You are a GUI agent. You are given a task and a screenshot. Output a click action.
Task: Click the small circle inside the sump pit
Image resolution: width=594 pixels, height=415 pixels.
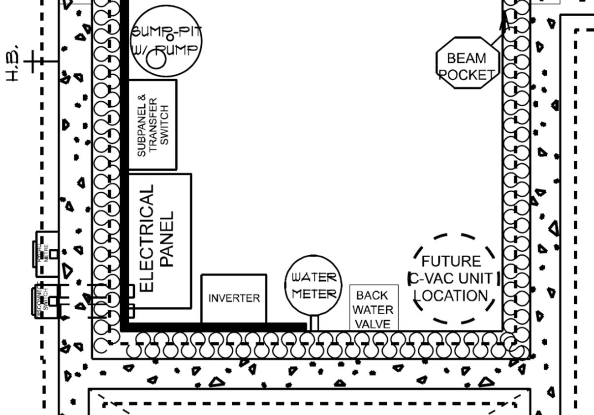[x=157, y=60]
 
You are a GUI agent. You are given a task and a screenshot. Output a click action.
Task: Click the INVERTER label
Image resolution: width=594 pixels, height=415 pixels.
[x=234, y=298]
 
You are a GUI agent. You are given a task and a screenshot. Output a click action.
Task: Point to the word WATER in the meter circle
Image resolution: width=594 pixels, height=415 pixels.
[x=314, y=277]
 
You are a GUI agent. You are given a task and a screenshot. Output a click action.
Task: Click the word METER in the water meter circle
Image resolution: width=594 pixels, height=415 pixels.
[x=314, y=294]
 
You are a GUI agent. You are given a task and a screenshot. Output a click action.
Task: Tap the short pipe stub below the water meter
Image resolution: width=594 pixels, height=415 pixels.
[x=314, y=323]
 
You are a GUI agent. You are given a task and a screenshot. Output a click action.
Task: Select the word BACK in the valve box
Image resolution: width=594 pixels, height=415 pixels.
[x=373, y=296]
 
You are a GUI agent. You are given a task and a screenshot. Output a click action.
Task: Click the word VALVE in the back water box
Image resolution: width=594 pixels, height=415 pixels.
[x=373, y=324]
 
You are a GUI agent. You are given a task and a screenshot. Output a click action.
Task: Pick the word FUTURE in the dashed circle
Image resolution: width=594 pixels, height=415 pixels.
[x=451, y=261]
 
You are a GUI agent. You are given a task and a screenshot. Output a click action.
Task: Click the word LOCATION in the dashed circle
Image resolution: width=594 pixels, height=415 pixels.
[x=451, y=296]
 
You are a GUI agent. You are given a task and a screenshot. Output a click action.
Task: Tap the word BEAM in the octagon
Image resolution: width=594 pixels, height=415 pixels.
[x=466, y=59]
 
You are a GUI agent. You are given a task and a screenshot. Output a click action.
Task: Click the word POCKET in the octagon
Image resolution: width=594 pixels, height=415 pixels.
[x=467, y=75]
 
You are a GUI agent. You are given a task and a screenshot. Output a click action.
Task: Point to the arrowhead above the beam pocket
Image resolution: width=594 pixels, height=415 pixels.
[x=504, y=20]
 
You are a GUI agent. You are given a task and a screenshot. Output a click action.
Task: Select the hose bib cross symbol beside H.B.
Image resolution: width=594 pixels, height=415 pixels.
[x=32, y=61]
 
